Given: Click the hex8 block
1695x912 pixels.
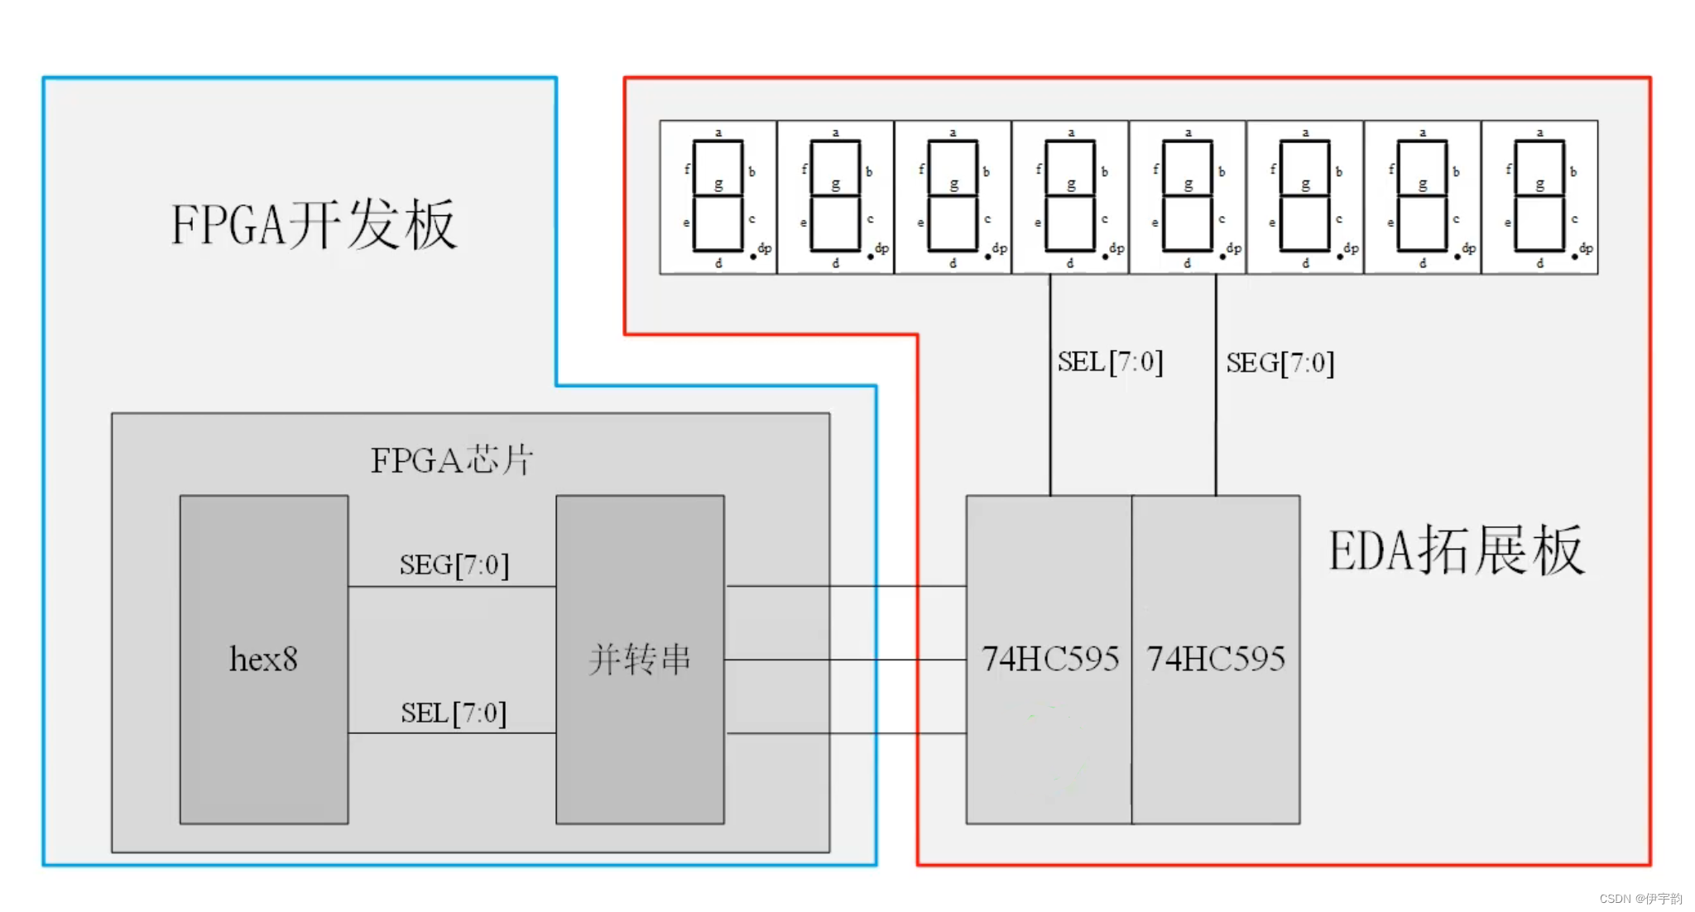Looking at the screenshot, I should [263, 659].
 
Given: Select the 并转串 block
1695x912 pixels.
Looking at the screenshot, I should [640, 659].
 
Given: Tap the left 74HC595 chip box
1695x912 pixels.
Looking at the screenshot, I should [1049, 659].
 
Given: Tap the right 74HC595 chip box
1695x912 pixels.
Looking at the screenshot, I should [1216, 659].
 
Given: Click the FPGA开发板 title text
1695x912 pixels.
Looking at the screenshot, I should [314, 225].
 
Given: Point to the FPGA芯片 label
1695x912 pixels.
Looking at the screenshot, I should [452, 460].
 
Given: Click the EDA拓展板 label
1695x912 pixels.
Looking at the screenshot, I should [1456, 550].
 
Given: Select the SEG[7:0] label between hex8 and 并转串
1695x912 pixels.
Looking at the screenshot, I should [454, 565].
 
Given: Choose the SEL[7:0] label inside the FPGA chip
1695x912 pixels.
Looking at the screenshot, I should [454, 713].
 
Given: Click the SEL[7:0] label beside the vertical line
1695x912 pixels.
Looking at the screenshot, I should [1110, 362].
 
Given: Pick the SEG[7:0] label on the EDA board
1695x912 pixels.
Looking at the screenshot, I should [1280, 362].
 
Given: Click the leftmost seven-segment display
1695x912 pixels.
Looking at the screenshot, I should [718, 197].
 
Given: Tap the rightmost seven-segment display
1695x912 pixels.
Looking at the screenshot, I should [1539, 197].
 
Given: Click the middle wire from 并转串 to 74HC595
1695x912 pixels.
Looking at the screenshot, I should [844, 660].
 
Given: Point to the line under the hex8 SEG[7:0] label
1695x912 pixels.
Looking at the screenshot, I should [452, 587].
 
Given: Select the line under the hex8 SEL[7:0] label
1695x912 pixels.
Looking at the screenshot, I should [452, 733].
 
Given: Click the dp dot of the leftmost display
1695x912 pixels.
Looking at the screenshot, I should [753, 257].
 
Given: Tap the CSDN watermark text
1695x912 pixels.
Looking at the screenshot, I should [1640, 899].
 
